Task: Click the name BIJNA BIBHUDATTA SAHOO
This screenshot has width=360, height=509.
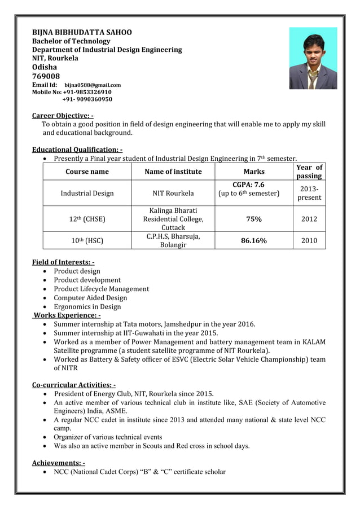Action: [x=82, y=32]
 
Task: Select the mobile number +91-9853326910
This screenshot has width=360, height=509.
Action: [x=87, y=92]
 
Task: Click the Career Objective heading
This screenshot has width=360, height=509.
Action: [x=63, y=116]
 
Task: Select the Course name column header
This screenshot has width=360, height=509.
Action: [x=87, y=172]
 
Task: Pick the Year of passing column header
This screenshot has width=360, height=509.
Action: [x=309, y=172]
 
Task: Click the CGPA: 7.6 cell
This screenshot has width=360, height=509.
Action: [x=248, y=185]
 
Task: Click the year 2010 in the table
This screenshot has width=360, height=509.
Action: [x=309, y=241]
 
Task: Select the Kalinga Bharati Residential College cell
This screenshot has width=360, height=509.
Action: [x=173, y=219]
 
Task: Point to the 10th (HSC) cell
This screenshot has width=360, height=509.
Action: [x=87, y=241]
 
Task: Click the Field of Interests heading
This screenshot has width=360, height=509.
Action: [x=63, y=262]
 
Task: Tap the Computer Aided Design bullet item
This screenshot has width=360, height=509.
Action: [x=90, y=298]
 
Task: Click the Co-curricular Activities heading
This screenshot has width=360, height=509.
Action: [x=73, y=385]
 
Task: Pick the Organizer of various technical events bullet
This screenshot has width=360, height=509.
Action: [x=108, y=437]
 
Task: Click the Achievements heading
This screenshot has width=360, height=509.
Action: [x=58, y=463]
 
